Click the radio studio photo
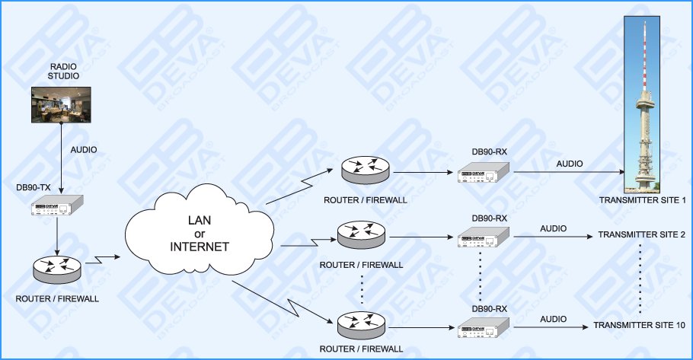pyautogui.click(x=61, y=104)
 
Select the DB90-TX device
pyautogui.click(x=57, y=206)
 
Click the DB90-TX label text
pyautogui.click(x=34, y=186)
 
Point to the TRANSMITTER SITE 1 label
pyautogui.click(x=643, y=200)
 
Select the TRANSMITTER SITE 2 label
pyautogui.click(x=642, y=234)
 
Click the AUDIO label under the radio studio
pyautogui.click(x=84, y=150)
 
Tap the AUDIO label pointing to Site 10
pyautogui.click(x=553, y=318)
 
